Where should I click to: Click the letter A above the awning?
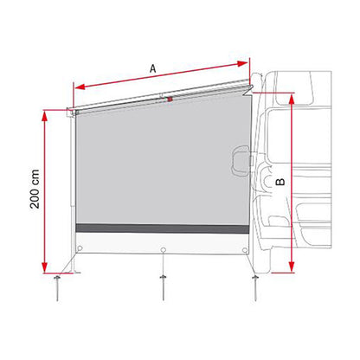pyautogui.click(x=152, y=66)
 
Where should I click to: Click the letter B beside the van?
pyautogui.click(x=280, y=183)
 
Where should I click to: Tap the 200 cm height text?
pyautogui.click(x=29, y=196)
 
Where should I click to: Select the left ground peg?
pyautogui.click(x=60, y=284)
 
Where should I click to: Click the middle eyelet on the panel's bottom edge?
pyautogui.click(x=164, y=251)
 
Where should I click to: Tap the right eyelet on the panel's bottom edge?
pyautogui.click(x=247, y=252)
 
